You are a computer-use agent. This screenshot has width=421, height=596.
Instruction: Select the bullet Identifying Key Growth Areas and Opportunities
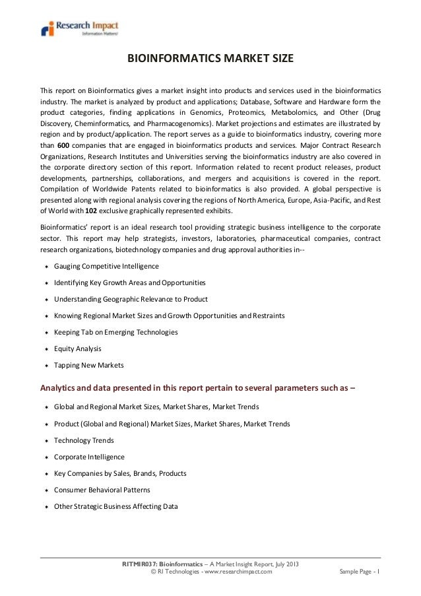pos(129,282)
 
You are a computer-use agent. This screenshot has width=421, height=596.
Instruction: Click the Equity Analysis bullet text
pos(77,348)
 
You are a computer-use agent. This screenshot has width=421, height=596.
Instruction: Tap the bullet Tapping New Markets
pos(88,365)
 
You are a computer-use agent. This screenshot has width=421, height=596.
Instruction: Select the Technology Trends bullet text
pos(84,440)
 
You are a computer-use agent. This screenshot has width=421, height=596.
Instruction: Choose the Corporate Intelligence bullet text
pos(89,457)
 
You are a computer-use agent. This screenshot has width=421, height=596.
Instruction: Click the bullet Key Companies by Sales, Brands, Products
pos(119,473)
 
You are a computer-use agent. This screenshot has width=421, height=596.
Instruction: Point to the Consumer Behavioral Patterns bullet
pos(102,490)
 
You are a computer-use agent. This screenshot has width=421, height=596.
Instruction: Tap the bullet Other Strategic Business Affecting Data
pos(115,506)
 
